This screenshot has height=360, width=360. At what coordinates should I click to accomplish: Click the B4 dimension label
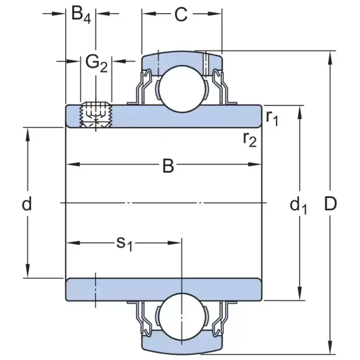tap(81, 15)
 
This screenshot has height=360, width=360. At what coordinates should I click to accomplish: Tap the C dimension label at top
tap(180, 15)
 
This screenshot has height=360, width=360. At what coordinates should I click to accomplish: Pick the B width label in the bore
tap(168, 166)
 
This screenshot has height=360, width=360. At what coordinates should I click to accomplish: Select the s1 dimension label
tap(125, 243)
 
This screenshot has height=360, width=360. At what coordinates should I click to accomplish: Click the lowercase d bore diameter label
tap(27, 205)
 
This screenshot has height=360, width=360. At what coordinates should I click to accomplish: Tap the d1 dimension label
tap(298, 206)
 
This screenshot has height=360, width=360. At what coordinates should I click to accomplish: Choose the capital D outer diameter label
tap(331, 205)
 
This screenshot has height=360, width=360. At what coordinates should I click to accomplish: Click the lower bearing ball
tap(181, 315)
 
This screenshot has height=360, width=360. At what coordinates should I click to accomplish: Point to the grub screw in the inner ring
tap(95, 116)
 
